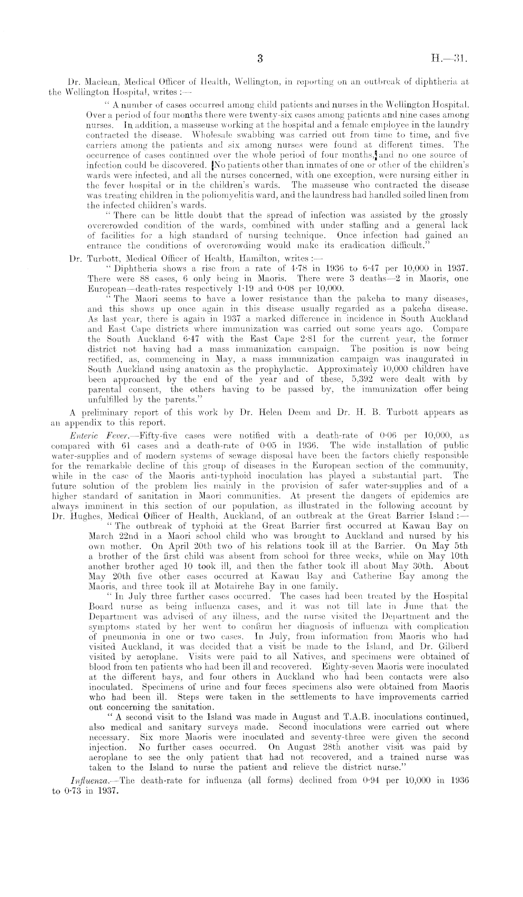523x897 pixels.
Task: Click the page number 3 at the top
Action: click(x=261, y=60)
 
